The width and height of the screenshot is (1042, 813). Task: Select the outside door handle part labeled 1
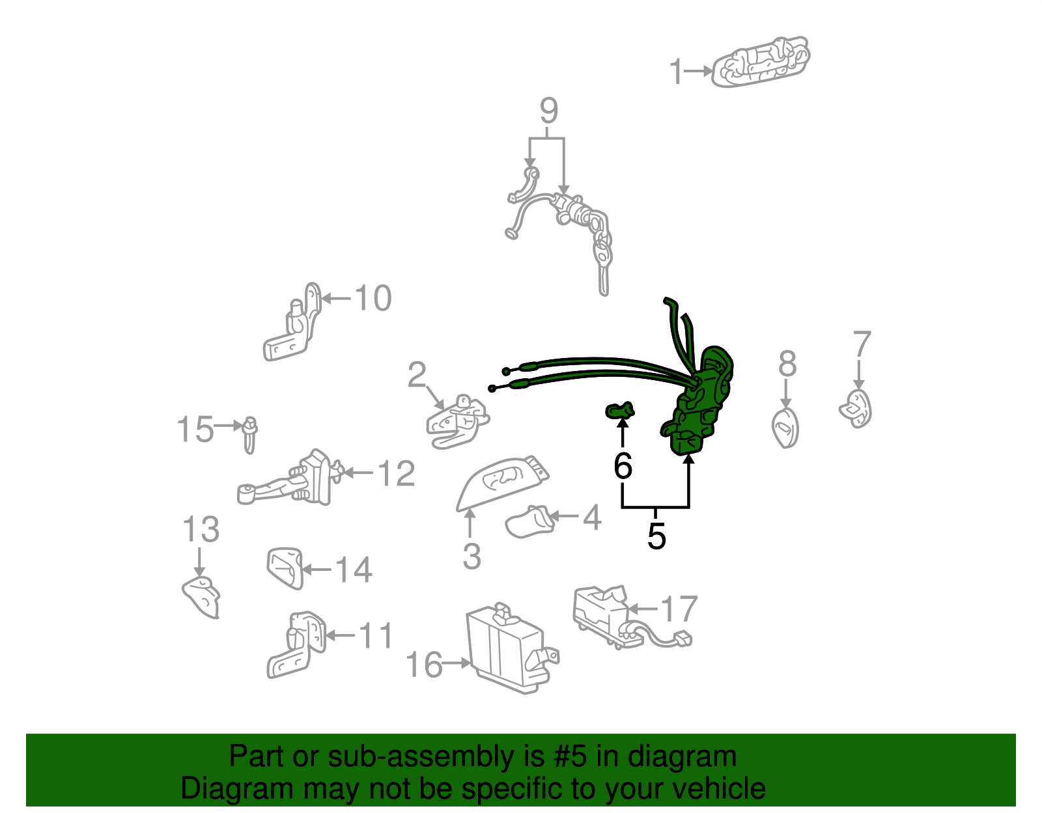(761, 62)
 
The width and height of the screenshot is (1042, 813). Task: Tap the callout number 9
(549, 111)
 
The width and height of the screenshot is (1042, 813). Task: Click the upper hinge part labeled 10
(293, 325)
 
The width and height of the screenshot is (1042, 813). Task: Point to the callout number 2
(417, 376)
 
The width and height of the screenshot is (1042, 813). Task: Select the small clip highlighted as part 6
(619, 411)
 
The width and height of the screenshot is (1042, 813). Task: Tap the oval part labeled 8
(785, 428)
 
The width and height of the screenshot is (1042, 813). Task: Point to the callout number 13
(201, 530)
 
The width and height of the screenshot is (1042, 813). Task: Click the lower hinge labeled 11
(296, 646)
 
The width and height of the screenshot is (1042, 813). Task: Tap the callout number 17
(679, 609)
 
